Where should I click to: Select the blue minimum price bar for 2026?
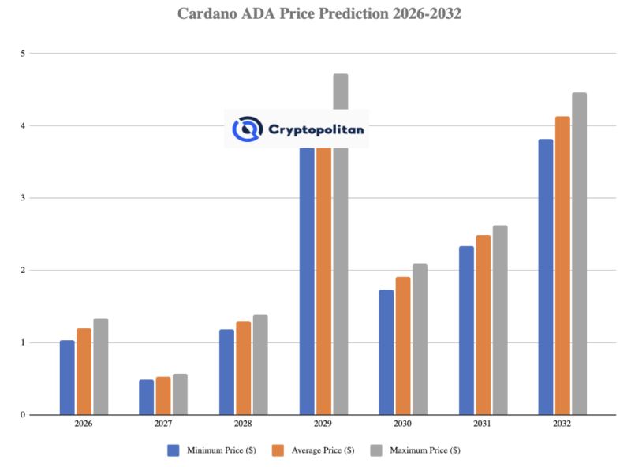tap(67, 377)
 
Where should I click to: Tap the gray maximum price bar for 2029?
tap(341, 244)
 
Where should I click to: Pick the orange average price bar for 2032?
tap(562, 265)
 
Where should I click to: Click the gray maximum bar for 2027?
tap(180, 394)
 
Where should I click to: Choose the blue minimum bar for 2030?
tap(386, 352)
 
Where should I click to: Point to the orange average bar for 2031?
tap(484, 325)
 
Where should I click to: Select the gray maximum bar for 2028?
tap(260, 364)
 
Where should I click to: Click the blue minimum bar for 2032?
tap(546, 277)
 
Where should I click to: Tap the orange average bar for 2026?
tap(84, 372)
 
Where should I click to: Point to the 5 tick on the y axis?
tap(23, 53)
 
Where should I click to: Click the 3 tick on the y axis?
tap(23, 198)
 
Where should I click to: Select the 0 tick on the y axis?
tap(23, 415)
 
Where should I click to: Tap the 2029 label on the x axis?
tap(323, 424)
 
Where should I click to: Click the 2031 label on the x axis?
tap(483, 424)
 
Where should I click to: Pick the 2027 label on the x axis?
tap(163, 424)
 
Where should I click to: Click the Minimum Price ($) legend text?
tap(222, 450)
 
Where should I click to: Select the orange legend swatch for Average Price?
tap(278, 450)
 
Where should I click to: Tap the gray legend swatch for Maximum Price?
tap(376, 450)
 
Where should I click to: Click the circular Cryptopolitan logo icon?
tap(247, 129)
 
